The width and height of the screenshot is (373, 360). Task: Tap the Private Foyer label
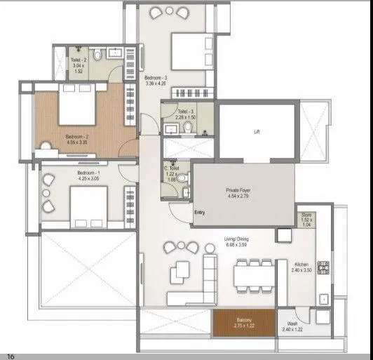[238, 190]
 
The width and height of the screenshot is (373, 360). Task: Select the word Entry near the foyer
[201, 213]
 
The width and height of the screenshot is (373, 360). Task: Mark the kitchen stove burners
[324, 267]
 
